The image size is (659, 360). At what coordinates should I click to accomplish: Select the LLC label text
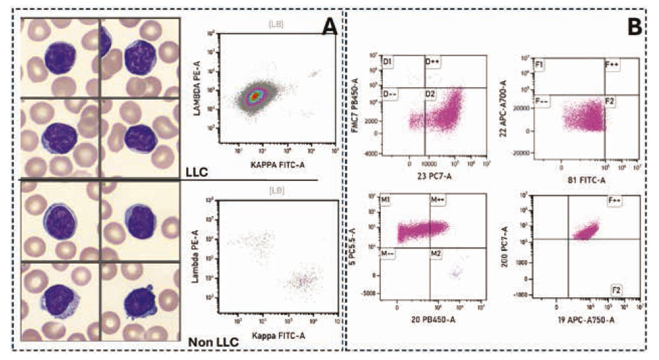click(196, 173)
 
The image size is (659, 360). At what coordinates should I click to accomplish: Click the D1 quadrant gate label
click(389, 62)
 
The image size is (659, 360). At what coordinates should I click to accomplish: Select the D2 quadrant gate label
click(430, 94)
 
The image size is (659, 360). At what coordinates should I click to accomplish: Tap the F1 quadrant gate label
click(540, 65)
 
